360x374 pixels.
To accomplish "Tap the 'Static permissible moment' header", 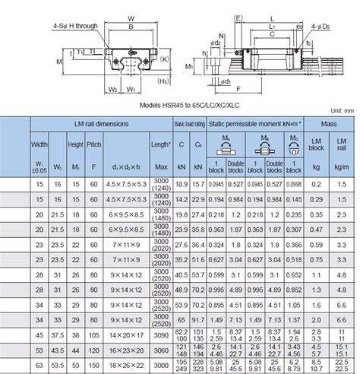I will pyautogui.click(x=255, y=123).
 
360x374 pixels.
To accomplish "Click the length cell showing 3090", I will pyautogui.click(x=160, y=334).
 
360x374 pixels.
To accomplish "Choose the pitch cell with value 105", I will pyautogui.click(x=93, y=334).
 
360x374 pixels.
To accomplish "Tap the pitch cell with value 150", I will pyautogui.click(x=93, y=366).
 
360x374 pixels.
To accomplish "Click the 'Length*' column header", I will pyautogui.click(x=160, y=144).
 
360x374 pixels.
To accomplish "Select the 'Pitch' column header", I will pyautogui.click(x=93, y=144).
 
